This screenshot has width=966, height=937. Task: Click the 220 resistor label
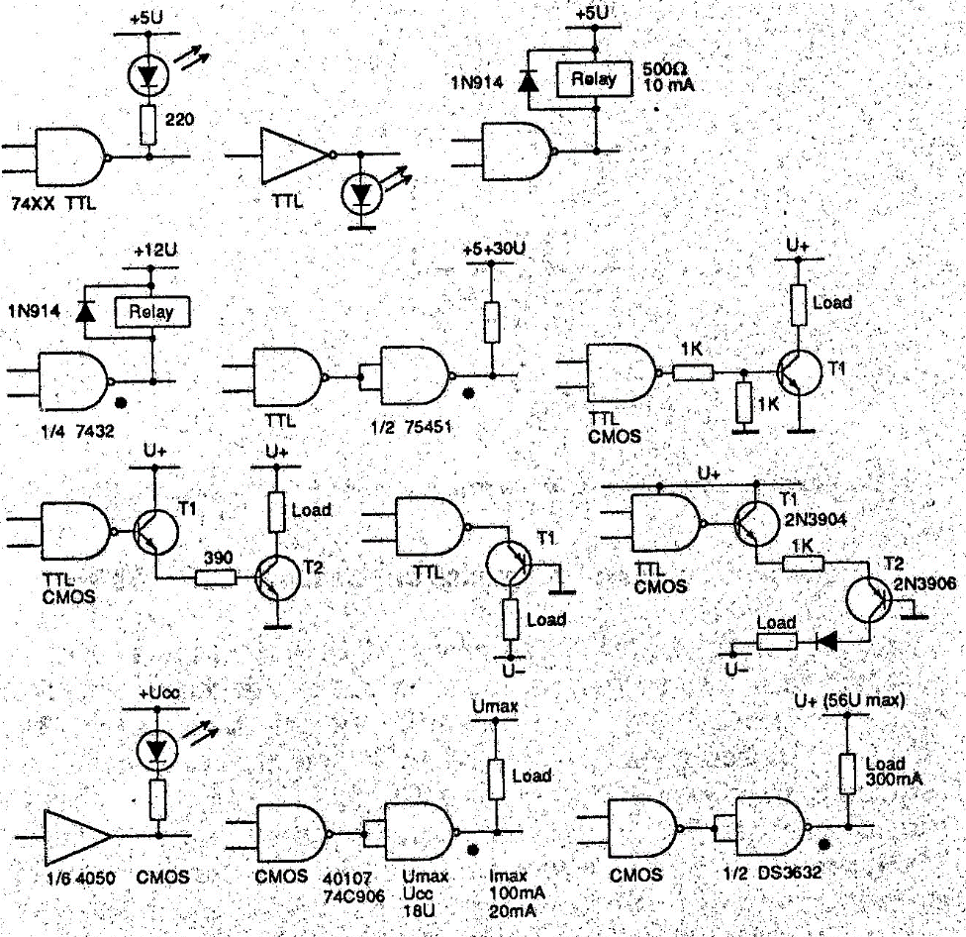pos(179,121)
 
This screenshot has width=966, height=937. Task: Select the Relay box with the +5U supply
pos(592,79)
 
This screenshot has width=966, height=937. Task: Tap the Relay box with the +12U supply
pos(151,312)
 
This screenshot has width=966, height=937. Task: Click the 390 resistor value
pos(217,557)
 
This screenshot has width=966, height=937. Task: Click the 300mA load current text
pos(894,781)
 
